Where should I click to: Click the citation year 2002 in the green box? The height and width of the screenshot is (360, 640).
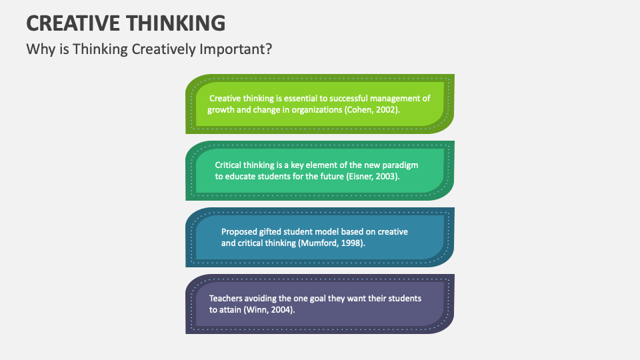pos(386,110)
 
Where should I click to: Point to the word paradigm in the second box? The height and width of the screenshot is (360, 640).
pos(399,165)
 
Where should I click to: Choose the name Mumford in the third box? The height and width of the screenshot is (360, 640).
pos(321,243)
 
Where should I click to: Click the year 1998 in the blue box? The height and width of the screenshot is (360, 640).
pos(353,243)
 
